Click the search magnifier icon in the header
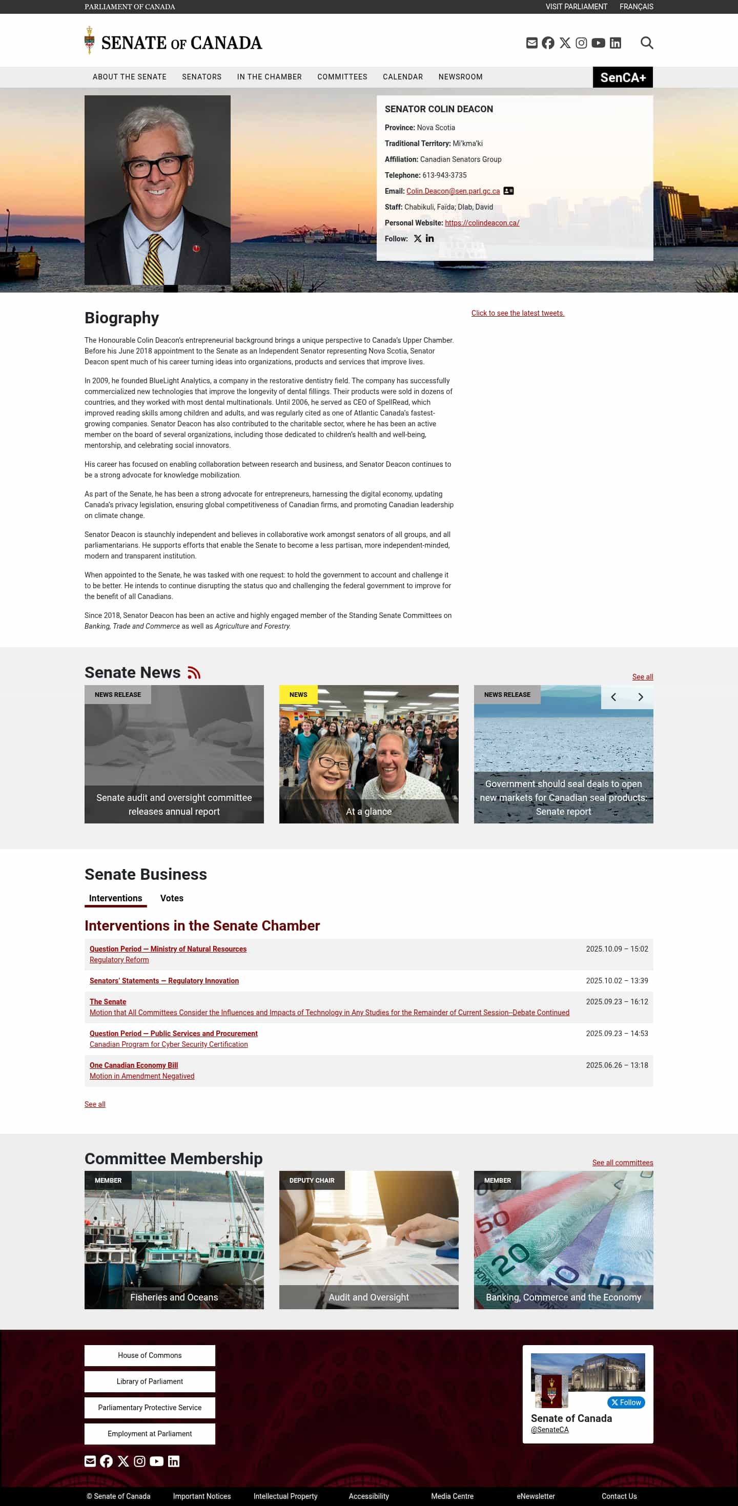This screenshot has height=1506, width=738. point(646,43)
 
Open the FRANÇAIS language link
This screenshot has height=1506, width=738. point(636,7)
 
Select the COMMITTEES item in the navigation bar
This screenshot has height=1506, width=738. point(342,76)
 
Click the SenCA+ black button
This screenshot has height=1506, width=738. point(623,77)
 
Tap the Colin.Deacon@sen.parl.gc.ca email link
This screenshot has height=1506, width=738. point(453,191)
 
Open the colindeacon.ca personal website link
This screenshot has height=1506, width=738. point(482,223)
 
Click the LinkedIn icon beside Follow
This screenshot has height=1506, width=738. point(430,238)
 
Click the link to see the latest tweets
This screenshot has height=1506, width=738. point(518,314)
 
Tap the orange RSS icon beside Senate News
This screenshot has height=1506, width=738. point(194,673)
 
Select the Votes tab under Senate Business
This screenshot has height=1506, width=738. point(171,898)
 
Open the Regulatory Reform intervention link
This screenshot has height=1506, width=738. point(119,959)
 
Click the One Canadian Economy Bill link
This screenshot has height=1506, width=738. point(133,1065)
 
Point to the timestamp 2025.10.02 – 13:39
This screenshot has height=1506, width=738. point(617,980)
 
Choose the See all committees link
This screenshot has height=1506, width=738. point(622,1162)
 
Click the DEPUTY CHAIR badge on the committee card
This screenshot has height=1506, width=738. point(312,1181)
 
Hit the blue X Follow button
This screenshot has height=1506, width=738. point(626,1402)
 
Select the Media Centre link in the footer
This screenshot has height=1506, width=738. point(452,1496)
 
